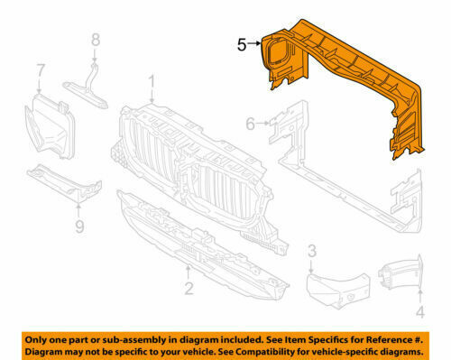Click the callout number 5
[x=242, y=45]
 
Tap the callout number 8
[x=96, y=40]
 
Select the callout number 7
[x=41, y=70]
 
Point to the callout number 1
[x=152, y=82]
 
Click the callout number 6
[x=251, y=124]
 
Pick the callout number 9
[x=79, y=226]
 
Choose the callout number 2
[x=189, y=288]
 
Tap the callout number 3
[x=312, y=251]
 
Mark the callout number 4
[x=420, y=312]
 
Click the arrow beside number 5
[x=254, y=43]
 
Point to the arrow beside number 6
[x=263, y=123]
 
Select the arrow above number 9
[x=78, y=210]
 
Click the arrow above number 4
[x=420, y=296]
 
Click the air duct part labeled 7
[x=50, y=126]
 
